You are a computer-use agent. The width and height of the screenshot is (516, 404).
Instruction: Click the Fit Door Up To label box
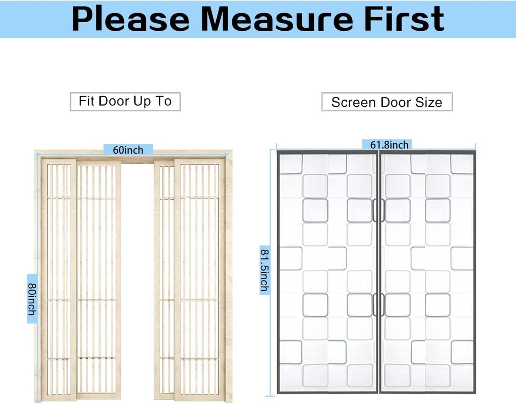click(x=125, y=101)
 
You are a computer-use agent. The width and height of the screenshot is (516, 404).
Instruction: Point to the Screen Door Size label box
click(x=386, y=102)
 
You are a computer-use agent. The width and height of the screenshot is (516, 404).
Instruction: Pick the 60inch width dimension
click(x=128, y=150)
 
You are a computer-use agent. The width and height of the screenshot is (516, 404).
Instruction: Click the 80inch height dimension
click(x=32, y=299)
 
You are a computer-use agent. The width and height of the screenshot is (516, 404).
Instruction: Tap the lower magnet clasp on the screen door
click(x=378, y=305)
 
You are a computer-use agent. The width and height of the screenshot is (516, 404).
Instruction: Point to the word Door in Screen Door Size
click(x=385, y=102)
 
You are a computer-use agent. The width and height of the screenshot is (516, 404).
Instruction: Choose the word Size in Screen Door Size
click(x=429, y=102)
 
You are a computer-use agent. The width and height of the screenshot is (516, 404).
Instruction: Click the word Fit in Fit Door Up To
click(x=87, y=101)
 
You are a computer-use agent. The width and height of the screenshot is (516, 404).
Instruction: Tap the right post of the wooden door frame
click(x=229, y=277)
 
